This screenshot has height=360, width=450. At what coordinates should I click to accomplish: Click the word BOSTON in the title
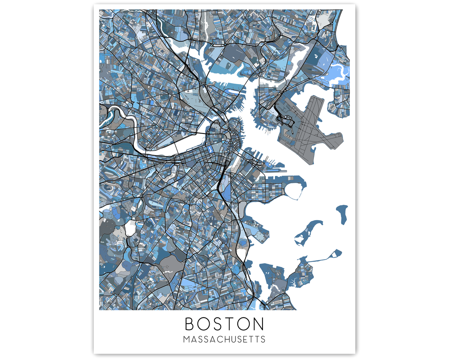[224, 324]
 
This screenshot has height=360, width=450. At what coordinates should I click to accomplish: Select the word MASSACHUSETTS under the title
[224, 340]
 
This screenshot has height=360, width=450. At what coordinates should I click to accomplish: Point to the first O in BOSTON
[203, 324]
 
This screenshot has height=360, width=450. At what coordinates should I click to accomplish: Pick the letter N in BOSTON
[258, 324]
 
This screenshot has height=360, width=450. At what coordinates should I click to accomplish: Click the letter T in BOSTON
[230, 324]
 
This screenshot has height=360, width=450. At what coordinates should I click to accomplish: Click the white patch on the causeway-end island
[333, 255]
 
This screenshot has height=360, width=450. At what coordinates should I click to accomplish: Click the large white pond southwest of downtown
[130, 227]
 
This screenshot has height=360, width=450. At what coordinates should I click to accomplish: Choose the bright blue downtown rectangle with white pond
[210, 150]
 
